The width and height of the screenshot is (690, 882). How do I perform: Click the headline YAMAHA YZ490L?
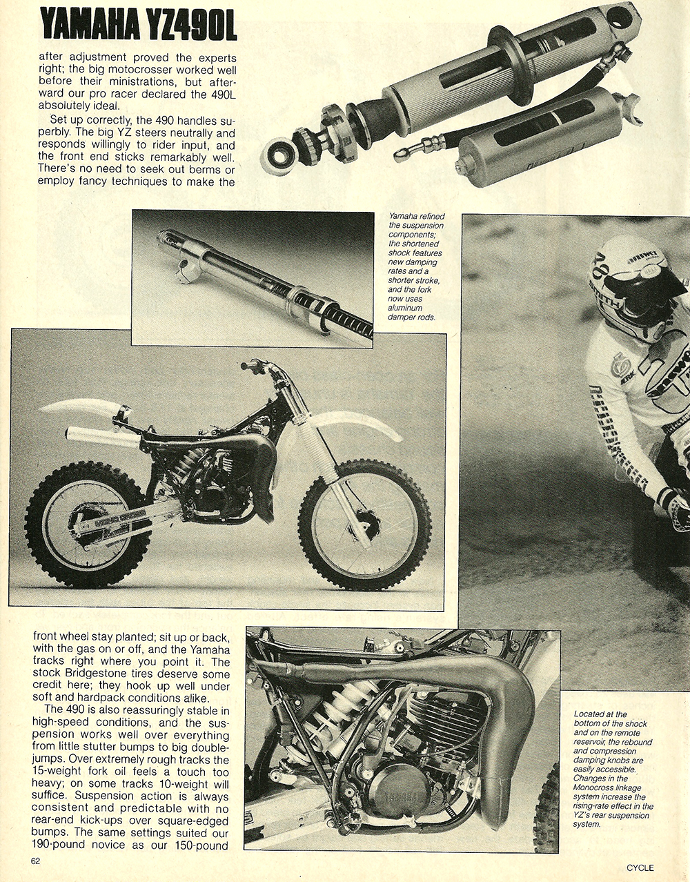[138, 26]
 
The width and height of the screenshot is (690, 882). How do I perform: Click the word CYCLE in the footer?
[640, 868]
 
